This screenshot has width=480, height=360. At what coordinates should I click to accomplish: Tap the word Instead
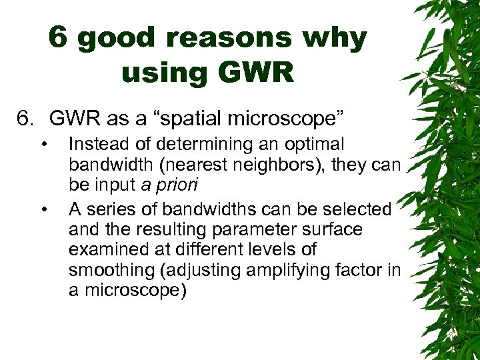click(98, 144)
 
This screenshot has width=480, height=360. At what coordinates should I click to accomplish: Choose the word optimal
click(313, 144)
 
